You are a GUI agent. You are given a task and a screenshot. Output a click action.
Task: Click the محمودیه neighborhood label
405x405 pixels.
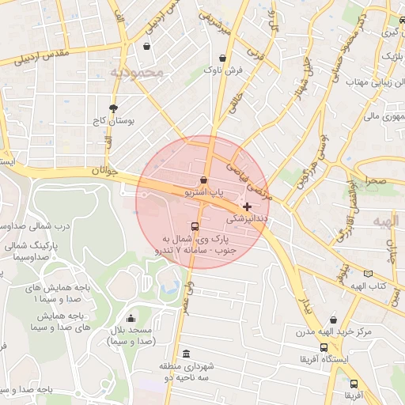pos(136,72)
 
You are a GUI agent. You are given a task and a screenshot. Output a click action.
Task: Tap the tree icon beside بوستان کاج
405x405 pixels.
pos(113,108)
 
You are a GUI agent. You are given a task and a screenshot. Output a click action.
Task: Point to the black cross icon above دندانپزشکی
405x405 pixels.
pos(247,206)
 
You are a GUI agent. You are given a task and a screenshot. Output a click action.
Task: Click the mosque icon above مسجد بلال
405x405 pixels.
pos(132,317)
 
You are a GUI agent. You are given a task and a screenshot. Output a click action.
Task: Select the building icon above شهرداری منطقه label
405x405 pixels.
pos(186,354)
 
